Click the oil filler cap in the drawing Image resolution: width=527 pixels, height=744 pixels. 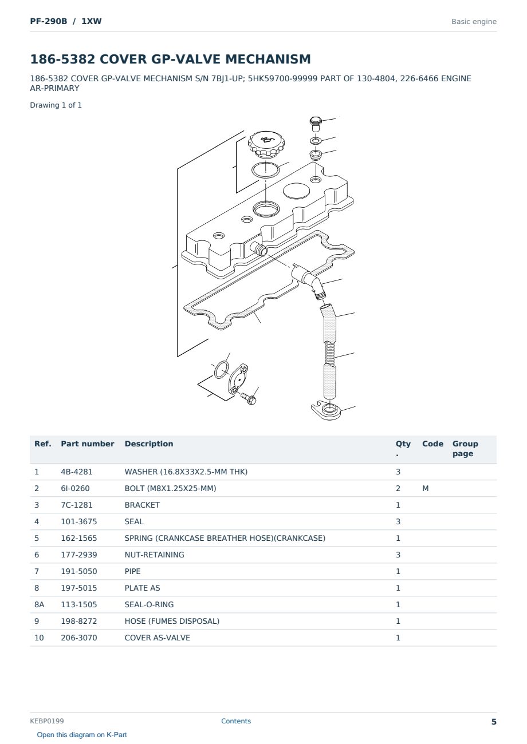click(266, 144)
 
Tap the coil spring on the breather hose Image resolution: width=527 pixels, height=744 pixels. click(329, 353)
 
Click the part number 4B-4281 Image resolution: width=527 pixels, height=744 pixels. click(77, 472)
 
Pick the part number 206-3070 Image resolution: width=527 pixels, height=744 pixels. click(79, 638)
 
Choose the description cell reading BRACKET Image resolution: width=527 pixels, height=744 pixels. click(142, 505)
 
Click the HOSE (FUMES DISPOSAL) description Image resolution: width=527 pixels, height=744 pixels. click(172, 621)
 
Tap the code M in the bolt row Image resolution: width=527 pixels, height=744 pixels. click(425, 488)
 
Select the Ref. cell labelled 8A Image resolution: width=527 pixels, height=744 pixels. click(39, 604)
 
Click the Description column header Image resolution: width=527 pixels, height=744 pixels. click(148, 444)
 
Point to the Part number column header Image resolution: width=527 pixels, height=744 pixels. click(87, 444)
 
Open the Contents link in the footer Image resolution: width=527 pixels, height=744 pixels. click(236, 721)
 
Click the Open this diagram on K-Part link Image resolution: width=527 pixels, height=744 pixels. click(82, 735)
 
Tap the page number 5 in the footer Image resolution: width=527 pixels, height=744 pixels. click(494, 722)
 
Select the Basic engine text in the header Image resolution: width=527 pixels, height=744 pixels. click(474, 22)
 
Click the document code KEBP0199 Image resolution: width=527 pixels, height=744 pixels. click(47, 721)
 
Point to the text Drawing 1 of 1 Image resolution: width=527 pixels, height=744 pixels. click(56, 105)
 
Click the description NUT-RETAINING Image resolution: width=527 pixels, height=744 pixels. click(154, 555)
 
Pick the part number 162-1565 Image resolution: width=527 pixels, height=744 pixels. click(79, 538)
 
